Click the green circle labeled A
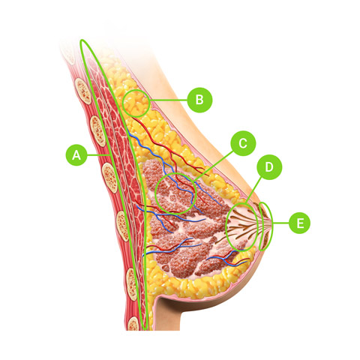(x=76, y=154)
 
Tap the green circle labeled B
(x=199, y=100)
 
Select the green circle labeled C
(x=243, y=143)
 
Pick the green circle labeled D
(x=269, y=167)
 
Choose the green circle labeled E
(x=299, y=223)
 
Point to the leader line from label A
(x=99, y=155)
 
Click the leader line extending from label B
(x=169, y=100)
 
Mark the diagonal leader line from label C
(x=214, y=166)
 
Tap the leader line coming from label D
(x=253, y=189)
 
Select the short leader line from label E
(x=281, y=223)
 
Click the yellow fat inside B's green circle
(x=136, y=103)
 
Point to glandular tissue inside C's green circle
(x=175, y=193)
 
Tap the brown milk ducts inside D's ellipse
(x=242, y=226)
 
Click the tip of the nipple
(x=271, y=223)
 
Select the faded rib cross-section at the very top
(x=69, y=54)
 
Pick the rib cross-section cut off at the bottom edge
(x=133, y=323)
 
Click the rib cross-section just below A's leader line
(x=109, y=178)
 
